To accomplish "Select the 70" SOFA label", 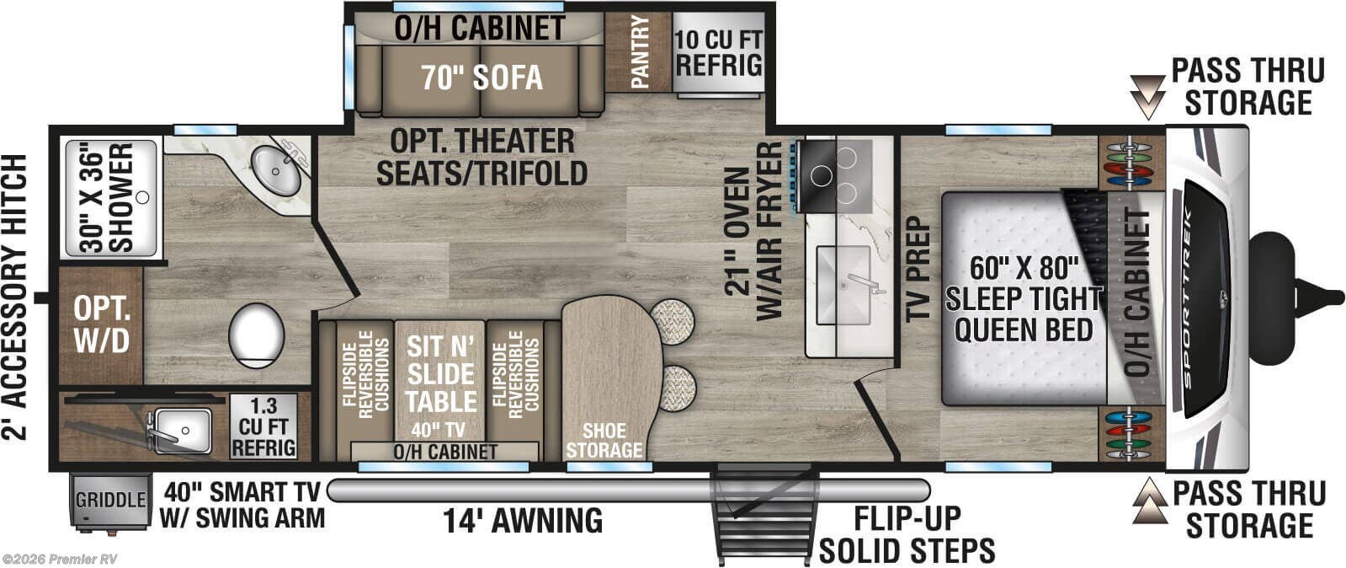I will click(x=481, y=78).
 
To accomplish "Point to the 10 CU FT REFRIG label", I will click(x=719, y=52).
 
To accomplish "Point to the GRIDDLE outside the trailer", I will click(x=110, y=500).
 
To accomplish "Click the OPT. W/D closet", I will click(x=101, y=324).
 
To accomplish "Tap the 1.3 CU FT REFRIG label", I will click(x=263, y=426).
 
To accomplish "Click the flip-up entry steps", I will click(x=767, y=515).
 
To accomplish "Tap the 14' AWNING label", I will click(x=524, y=521).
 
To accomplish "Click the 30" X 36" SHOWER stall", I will click(x=109, y=198).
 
